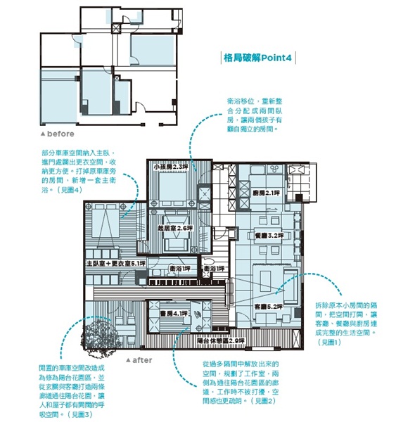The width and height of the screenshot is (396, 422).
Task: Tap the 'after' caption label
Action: (x=141, y=359)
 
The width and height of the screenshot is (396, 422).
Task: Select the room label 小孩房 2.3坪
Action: (x=172, y=167)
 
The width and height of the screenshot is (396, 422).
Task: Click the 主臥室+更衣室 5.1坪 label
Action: (x=115, y=263)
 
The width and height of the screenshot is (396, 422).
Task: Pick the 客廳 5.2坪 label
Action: (x=267, y=307)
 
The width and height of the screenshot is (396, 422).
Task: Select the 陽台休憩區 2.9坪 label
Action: (x=221, y=340)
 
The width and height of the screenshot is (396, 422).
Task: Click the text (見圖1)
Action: (x=329, y=341)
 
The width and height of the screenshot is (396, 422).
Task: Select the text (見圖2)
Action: (x=266, y=399)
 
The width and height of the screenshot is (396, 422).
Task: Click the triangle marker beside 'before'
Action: (x=43, y=134)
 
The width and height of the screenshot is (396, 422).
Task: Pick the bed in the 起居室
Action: (x=173, y=243)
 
